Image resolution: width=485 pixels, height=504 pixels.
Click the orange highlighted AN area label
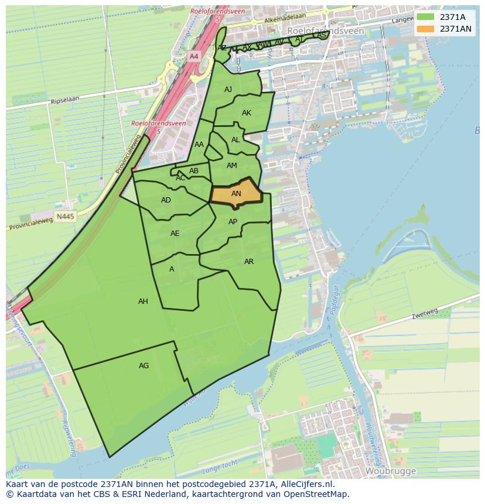(236, 194)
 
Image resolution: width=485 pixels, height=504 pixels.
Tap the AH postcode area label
(143, 301)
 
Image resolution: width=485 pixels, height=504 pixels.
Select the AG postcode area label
(144, 366)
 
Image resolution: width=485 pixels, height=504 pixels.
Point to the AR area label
(249, 262)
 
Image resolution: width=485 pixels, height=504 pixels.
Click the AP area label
(233, 222)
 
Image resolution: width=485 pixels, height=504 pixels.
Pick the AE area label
(175, 234)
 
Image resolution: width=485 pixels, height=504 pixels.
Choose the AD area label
(166, 200)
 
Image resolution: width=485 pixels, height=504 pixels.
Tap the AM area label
(232, 166)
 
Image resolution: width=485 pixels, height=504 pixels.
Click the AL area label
(235, 140)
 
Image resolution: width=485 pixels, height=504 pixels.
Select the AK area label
(247, 113)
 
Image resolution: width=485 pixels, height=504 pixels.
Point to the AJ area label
(228, 90)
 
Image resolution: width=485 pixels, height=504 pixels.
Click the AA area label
(199, 145)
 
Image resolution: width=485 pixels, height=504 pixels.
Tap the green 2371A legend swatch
(426, 17)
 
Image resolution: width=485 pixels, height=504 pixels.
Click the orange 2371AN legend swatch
(426, 29)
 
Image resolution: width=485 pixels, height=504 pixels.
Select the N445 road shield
(66, 217)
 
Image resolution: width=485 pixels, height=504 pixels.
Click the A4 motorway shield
(194, 56)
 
